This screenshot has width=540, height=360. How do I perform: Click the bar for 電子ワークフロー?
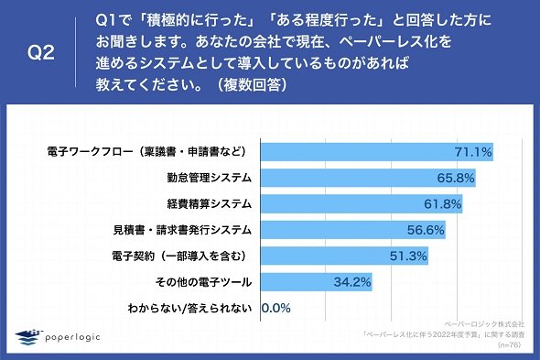pyautogui.click(x=377, y=152)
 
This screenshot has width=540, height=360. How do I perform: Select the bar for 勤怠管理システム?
pyautogui.click(x=368, y=178)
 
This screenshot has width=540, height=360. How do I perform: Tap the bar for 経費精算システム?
pyautogui.click(x=362, y=203)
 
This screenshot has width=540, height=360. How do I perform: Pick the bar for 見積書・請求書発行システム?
pyautogui.click(x=353, y=230)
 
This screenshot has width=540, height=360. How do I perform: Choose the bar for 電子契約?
pyautogui.click(x=344, y=256)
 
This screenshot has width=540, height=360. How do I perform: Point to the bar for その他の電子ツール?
pyautogui.click(x=317, y=282)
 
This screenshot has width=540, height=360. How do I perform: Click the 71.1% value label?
pyautogui.click(x=473, y=152)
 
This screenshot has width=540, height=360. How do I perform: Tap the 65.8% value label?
pyautogui.click(x=456, y=178)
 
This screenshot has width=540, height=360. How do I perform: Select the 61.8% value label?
pyautogui.click(x=443, y=204)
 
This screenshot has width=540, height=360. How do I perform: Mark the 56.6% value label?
pyautogui.click(x=426, y=230)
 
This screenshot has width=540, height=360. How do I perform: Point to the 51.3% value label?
pyautogui.click(x=408, y=256)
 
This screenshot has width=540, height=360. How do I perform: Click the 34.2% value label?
pyautogui.click(x=352, y=282)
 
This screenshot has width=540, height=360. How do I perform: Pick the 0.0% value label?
pyautogui.click(x=276, y=308)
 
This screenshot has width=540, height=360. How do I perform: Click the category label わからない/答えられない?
pyautogui.click(x=189, y=309)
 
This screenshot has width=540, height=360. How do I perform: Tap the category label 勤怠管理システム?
pyautogui.click(x=210, y=178)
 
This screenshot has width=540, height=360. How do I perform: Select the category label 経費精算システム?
pyautogui.click(x=210, y=204)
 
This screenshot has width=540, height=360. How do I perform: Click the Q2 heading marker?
pyautogui.click(x=41, y=53)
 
